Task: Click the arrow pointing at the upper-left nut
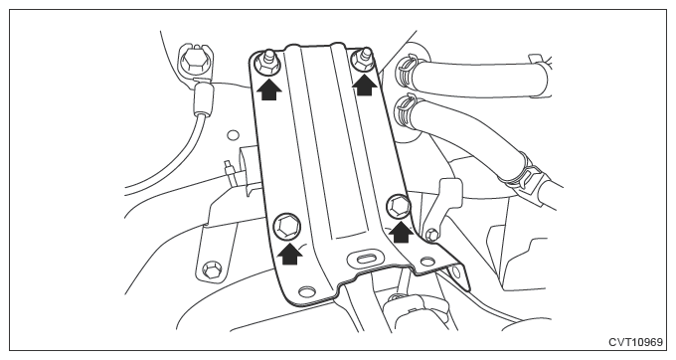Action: tap(269, 90)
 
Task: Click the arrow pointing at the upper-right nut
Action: tap(365, 85)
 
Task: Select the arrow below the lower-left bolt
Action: tap(289, 253)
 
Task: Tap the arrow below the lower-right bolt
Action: tap(402, 232)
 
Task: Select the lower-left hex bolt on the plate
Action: tap(286, 227)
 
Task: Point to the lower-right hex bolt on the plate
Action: tap(398, 207)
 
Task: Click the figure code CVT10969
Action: tap(635, 342)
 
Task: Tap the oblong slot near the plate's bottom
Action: tap(366, 258)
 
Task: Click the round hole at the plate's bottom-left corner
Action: tap(306, 291)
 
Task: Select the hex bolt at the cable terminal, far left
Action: tap(193, 61)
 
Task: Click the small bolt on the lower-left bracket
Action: tap(211, 270)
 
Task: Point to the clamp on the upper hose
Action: tap(407, 70)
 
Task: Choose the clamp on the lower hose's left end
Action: tap(406, 111)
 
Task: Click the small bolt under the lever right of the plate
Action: tap(432, 235)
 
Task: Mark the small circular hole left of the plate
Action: tap(233, 135)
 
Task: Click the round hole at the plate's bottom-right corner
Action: tap(427, 262)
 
